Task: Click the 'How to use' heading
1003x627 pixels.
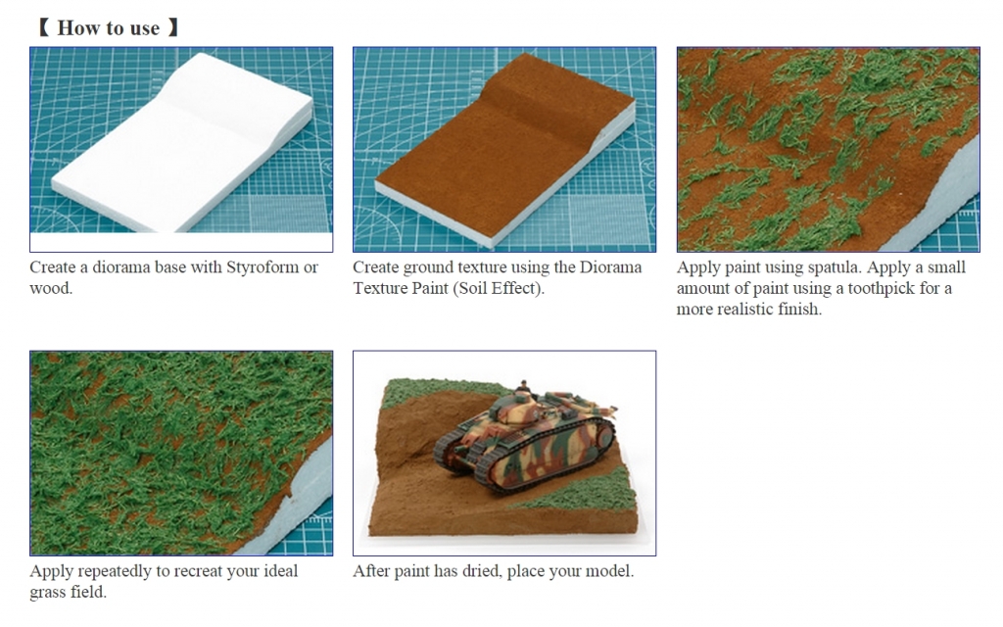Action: tap(108, 27)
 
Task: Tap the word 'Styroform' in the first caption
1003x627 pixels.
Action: tap(261, 266)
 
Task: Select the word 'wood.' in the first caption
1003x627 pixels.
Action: tap(51, 288)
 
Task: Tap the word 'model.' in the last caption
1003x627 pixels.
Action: tap(610, 571)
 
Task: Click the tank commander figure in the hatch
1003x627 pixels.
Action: tap(524, 386)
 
